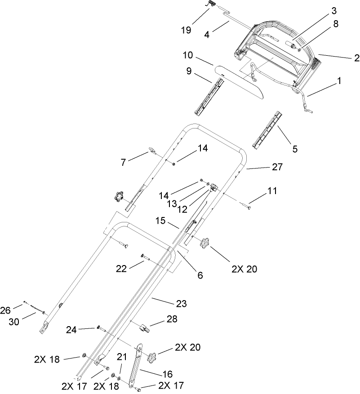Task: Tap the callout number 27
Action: tap(277, 167)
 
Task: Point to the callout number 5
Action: tap(295, 149)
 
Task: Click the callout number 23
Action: tap(181, 303)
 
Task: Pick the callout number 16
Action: tap(167, 374)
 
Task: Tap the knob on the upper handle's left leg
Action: tap(119, 196)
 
